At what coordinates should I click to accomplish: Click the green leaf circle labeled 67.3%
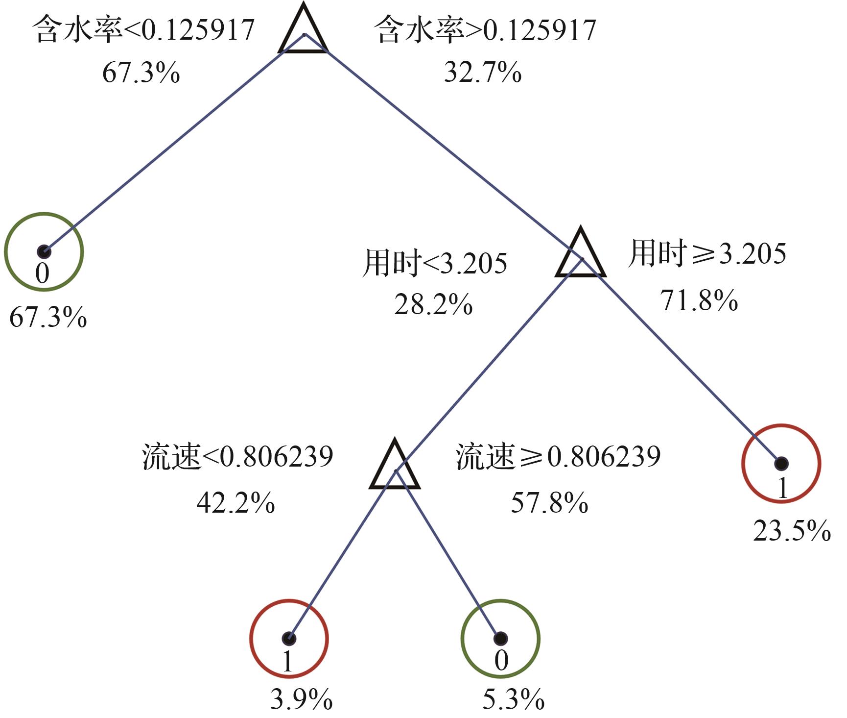(x=44, y=252)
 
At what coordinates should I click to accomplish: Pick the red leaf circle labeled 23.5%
(x=781, y=464)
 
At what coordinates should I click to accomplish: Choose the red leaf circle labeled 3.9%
(x=289, y=639)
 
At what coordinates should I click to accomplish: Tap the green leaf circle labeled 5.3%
(x=500, y=639)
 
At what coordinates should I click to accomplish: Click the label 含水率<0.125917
(x=143, y=30)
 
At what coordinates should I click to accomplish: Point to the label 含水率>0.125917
(x=485, y=30)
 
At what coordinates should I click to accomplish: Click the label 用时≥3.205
(x=707, y=253)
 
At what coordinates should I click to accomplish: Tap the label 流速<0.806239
(x=237, y=457)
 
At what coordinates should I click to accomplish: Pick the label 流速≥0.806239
(x=558, y=457)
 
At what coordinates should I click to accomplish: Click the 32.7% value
(x=483, y=73)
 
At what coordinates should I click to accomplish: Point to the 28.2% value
(x=433, y=305)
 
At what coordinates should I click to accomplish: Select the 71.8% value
(x=699, y=300)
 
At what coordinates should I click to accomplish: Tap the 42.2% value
(x=235, y=503)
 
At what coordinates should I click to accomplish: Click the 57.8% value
(x=549, y=503)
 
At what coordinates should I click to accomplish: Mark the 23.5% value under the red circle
(x=792, y=531)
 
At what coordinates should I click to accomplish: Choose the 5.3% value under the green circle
(x=513, y=699)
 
